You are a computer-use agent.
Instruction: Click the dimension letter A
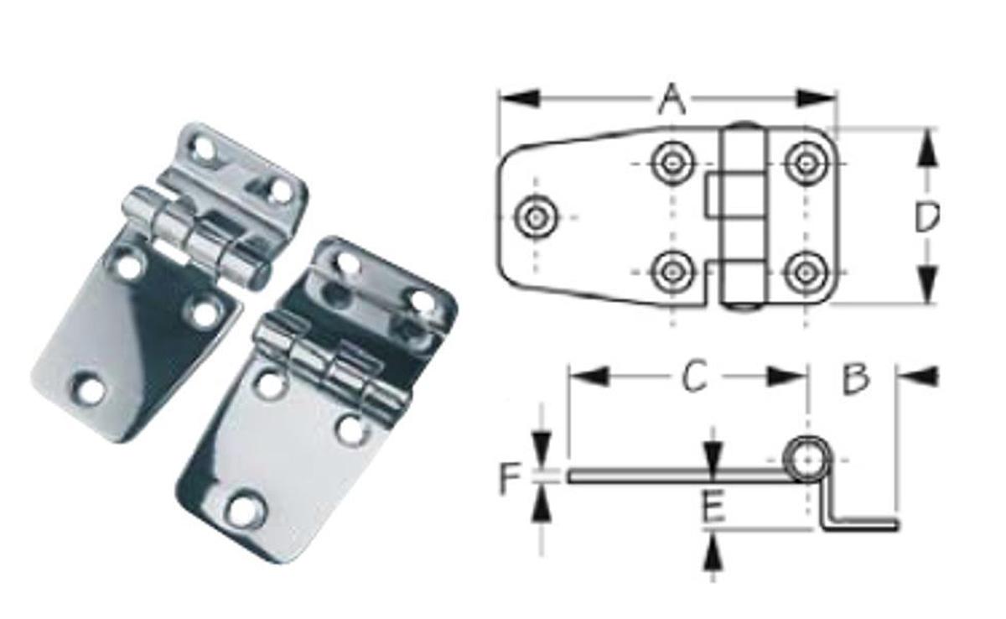[672, 100]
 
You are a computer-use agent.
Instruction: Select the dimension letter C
[692, 377]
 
